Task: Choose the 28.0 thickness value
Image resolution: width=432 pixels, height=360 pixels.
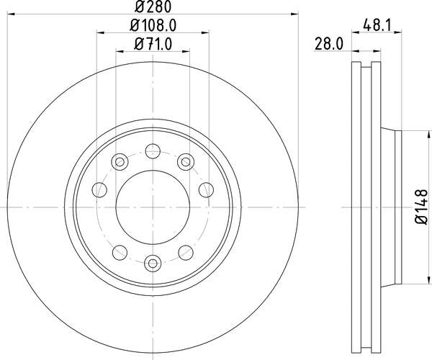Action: tap(328, 43)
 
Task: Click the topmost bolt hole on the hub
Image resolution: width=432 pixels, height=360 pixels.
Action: tap(153, 151)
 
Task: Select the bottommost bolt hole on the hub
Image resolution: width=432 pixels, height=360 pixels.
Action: tap(153, 263)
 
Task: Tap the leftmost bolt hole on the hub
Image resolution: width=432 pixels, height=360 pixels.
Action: tap(100, 189)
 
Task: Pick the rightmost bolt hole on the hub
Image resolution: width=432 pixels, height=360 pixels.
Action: tap(205, 189)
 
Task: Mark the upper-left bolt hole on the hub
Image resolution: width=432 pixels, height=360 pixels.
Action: tap(120, 161)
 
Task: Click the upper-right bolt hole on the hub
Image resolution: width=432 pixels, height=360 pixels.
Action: tap(186, 161)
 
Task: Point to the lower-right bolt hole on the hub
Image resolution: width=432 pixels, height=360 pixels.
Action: tap(186, 252)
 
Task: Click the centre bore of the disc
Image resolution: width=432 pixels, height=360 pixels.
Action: tap(153, 207)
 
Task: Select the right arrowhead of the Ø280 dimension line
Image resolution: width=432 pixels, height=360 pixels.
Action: tap(294, 14)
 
